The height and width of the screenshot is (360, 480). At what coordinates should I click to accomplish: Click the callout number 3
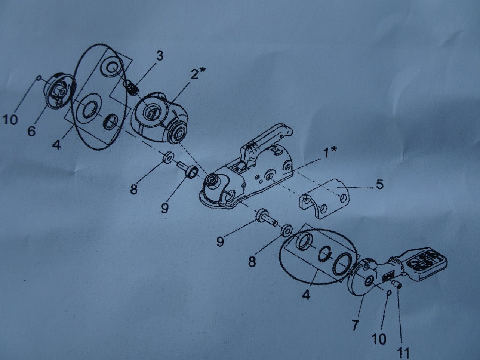[160, 56]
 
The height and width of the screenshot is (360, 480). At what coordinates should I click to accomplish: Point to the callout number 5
[380, 185]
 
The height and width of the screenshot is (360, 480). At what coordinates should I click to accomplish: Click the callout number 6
[31, 131]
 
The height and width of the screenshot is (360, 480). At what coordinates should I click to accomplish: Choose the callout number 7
[354, 324]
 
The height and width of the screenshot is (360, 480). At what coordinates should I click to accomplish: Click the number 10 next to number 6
[10, 120]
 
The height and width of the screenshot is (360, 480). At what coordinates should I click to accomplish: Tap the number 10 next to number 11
[379, 339]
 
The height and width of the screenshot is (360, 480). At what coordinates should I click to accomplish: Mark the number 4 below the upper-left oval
[56, 145]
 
